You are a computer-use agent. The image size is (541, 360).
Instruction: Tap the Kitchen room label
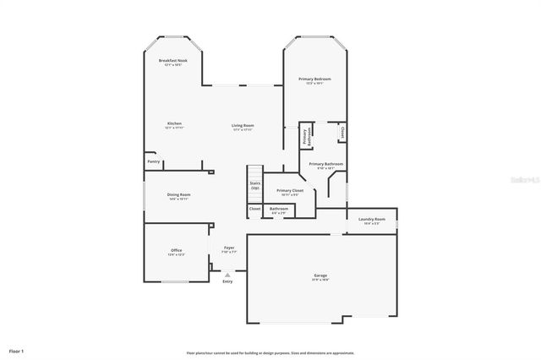[174, 123]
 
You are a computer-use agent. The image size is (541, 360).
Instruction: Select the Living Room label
[243, 125]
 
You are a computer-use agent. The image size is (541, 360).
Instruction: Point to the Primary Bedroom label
[314, 79]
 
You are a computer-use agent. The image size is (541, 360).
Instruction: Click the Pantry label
[153, 161]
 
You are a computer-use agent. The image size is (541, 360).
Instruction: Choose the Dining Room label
[178, 194]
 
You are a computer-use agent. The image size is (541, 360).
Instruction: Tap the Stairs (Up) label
[254, 185]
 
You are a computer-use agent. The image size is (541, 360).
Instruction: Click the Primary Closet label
[289, 190]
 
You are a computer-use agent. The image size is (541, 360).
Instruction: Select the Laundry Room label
[371, 219]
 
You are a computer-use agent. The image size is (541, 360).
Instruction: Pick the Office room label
[177, 250]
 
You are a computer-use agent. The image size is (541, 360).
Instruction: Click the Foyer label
[228, 248]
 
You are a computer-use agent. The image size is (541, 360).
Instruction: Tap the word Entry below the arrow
[227, 281]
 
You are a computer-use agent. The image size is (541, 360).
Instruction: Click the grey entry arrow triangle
[227, 274]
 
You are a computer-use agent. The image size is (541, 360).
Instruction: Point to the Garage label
[320, 275]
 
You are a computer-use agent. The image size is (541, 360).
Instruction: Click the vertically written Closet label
[342, 132]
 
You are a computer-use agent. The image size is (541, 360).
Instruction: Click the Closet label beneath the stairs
[254, 209]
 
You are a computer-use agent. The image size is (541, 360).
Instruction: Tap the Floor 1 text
[16, 350]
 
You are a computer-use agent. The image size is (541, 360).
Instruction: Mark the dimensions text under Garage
[320, 280]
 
